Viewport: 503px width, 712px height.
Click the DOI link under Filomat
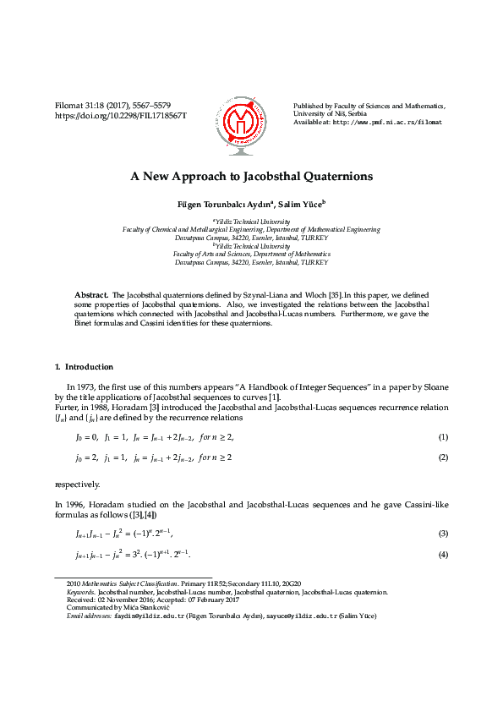[120, 114]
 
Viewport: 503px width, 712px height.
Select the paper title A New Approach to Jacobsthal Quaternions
[251, 178]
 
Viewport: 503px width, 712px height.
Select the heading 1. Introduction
[84, 367]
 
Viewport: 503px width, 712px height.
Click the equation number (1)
[442, 437]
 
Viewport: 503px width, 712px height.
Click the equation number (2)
[442, 457]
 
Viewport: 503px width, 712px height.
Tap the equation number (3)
[442, 534]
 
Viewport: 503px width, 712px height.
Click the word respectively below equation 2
[77, 485]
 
